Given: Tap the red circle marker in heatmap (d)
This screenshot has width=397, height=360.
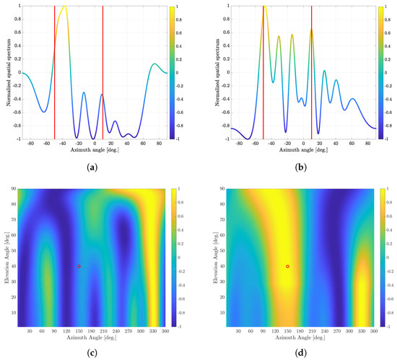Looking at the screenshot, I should [287, 267].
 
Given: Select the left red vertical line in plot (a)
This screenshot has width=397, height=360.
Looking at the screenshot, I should [54, 72].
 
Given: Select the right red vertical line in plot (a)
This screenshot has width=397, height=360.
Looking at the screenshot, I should [102, 72].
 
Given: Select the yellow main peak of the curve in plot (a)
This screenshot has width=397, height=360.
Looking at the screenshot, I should [64, 6].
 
